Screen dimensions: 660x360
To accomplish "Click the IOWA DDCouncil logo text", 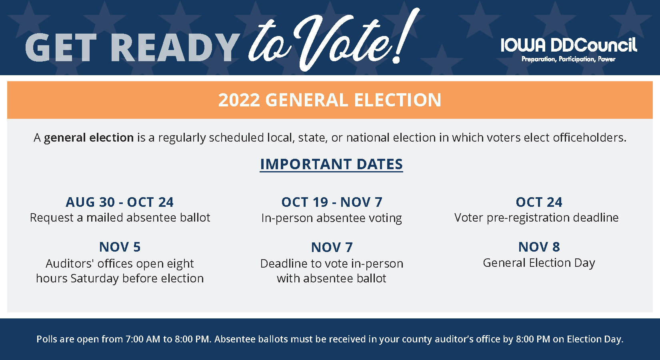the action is click(569, 45).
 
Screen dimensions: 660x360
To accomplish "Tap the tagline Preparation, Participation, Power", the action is click(568, 59).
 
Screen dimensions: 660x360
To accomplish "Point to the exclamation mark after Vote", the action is click(407, 35).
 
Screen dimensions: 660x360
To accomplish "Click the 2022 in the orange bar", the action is click(239, 100).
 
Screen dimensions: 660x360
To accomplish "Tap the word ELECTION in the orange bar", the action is click(398, 100).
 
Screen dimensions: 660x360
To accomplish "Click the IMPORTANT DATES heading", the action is click(331, 164).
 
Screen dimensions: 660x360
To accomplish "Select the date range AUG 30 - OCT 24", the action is click(120, 202).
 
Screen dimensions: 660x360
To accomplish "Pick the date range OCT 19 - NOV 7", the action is click(332, 202).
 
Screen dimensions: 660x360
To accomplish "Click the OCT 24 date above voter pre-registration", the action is click(539, 202).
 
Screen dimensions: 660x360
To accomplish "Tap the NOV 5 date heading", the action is click(120, 247).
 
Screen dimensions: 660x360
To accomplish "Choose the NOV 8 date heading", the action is click(539, 247).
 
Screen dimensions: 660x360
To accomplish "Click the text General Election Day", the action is click(539, 263).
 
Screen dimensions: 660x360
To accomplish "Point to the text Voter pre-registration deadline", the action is click(536, 218).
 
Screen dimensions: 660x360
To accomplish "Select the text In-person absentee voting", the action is click(332, 218).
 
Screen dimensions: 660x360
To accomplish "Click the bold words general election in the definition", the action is click(89, 138).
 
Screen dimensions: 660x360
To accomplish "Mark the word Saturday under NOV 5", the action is click(94, 279).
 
